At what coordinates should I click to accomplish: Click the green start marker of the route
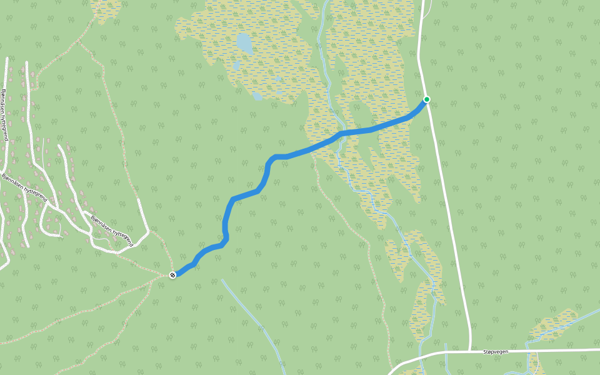point(427,99)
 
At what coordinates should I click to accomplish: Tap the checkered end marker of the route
point(173,274)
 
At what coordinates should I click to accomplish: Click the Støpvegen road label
point(496,352)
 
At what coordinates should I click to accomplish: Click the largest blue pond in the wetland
point(244,44)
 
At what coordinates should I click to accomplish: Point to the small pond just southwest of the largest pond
point(236,65)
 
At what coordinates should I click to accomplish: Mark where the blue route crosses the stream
point(338,136)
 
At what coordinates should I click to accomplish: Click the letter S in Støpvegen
point(484,352)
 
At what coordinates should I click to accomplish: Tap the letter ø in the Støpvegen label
point(489,352)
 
